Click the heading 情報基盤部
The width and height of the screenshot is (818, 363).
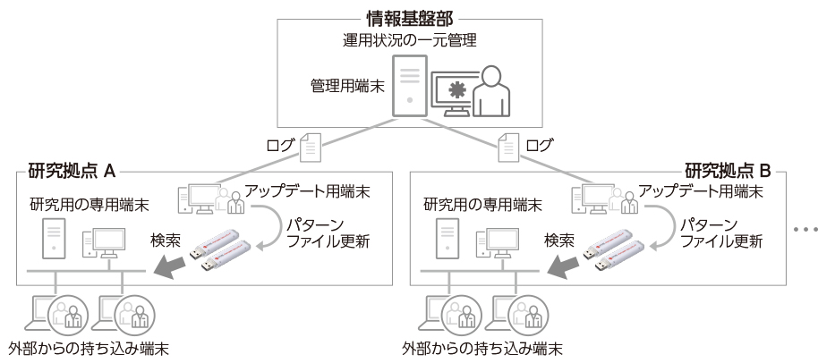408,15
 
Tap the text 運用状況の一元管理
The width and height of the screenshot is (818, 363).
408,39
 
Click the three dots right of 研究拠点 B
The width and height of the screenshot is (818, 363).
801,230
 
